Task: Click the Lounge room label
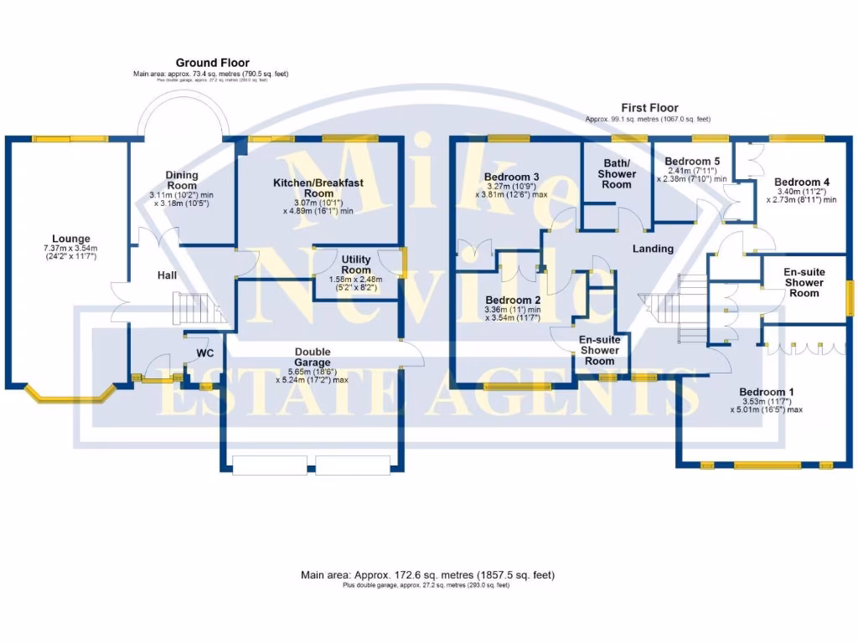71,239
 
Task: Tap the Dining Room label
182,180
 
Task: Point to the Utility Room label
356,265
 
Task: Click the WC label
205,352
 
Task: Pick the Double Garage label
313,358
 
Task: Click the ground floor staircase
194,310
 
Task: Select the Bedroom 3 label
511,177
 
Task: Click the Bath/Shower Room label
617,173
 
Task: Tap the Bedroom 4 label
802,182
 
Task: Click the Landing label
653,249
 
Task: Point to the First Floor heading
649,108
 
